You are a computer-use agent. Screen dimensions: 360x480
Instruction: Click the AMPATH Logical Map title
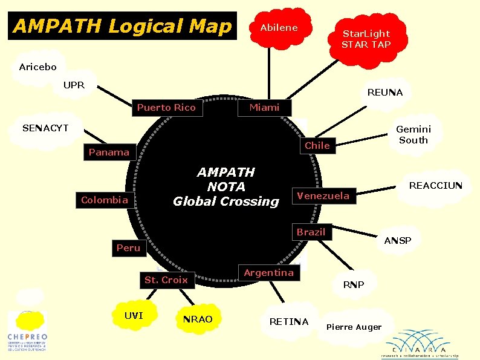coord(122,26)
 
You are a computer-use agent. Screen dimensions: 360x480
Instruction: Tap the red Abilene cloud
coord(279,28)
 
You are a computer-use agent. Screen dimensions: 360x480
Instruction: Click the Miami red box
coord(265,108)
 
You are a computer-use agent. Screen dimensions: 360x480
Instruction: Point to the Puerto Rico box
coord(166,108)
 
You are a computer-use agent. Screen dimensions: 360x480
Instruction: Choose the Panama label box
coord(109,152)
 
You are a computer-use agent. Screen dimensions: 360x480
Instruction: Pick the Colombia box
coord(105,200)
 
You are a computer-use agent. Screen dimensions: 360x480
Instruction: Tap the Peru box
coord(128,247)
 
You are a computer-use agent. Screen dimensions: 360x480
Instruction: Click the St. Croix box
coord(166,280)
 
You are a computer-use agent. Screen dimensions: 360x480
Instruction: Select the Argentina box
coord(268,273)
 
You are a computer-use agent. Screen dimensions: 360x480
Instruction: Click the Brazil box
coord(311,232)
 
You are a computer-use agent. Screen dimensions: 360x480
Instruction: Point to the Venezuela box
coord(323,195)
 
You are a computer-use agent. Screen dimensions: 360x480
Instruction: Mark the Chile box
coord(317,145)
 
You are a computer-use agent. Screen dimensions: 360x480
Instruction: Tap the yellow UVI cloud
coord(134,316)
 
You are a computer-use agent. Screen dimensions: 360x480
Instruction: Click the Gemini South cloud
coord(414,134)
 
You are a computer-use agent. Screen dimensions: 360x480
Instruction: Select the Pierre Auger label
coord(354,327)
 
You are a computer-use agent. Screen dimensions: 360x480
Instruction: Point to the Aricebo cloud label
coord(37,67)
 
